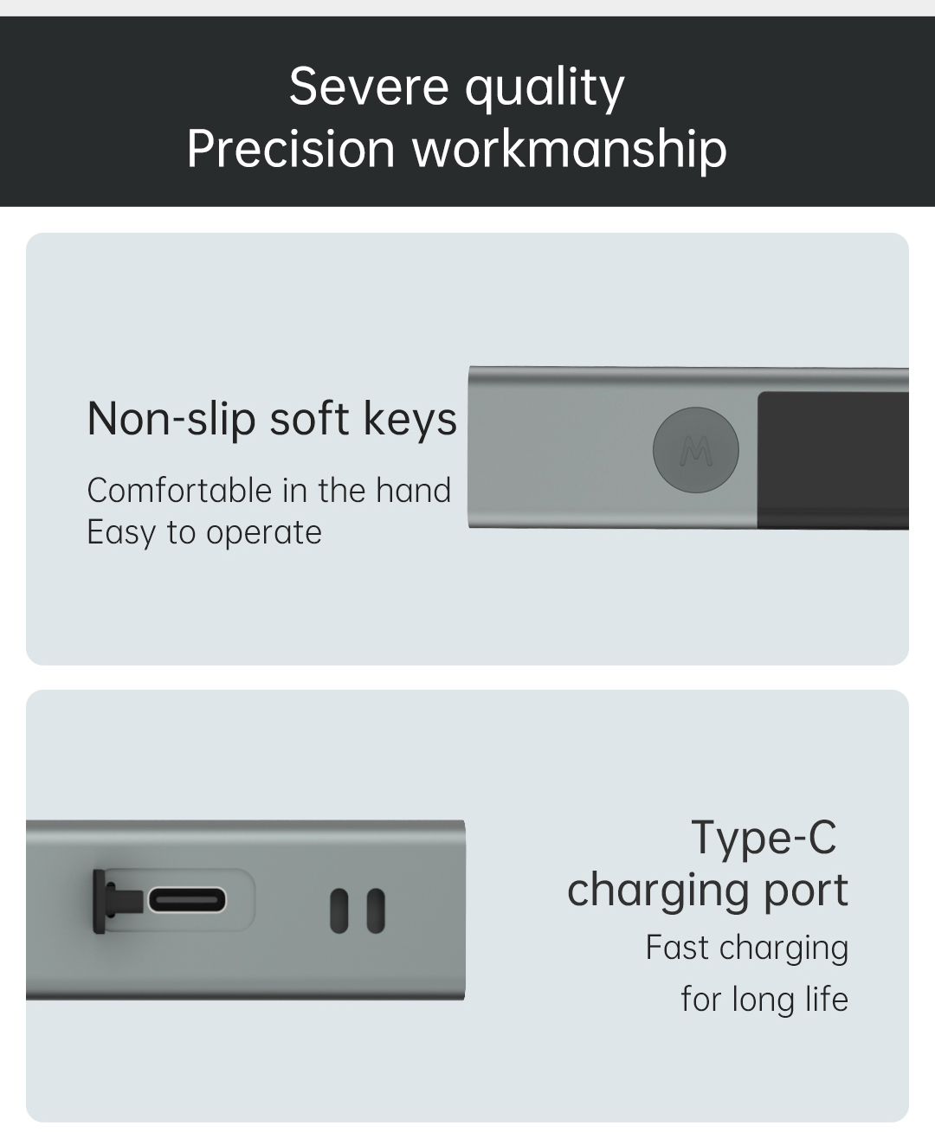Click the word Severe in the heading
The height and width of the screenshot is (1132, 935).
click(369, 87)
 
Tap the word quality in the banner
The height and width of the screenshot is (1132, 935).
click(545, 90)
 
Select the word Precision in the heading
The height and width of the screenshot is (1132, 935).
click(291, 149)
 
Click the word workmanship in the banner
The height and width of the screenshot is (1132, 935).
click(569, 151)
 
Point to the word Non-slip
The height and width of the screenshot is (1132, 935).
click(171, 419)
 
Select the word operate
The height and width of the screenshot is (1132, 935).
click(263, 534)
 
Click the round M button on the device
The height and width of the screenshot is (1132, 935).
click(695, 450)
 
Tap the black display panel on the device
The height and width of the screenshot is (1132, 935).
click(833, 460)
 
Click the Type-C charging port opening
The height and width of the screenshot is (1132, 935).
click(187, 901)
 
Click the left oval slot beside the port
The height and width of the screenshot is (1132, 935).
click(339, 910)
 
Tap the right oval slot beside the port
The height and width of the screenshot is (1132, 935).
click(376, 910)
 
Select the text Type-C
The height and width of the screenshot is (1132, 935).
click(764, 839)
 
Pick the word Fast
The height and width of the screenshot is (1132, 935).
click(677, 948)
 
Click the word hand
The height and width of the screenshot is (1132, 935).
click(413, 490)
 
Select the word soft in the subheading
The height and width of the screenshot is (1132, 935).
click(309, 419)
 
